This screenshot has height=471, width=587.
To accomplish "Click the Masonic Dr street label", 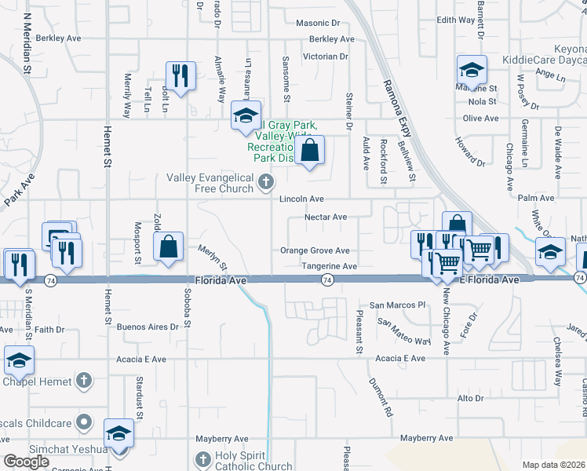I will tap(318, 24).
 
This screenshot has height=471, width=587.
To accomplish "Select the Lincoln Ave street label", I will tap(302, 199).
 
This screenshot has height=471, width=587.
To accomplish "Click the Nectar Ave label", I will tap(326, 217).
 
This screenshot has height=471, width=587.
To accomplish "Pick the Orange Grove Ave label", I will tap(315, 251).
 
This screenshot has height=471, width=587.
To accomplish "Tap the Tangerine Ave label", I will tap(330, 267).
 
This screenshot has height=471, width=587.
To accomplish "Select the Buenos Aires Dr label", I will tap(147, 327).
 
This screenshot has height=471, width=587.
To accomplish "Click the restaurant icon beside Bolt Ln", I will tap(180, 75).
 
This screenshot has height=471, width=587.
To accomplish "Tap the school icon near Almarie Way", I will tap(246, 115).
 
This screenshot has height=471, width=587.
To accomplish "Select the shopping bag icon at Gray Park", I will tap(310, 148).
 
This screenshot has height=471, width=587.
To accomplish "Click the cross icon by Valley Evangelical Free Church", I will tap(266, 182).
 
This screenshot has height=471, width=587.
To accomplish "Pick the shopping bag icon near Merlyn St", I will tap(169, 246).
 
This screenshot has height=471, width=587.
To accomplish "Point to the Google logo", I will tap(26, 462).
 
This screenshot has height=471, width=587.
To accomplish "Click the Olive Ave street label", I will tap(481, 119).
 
